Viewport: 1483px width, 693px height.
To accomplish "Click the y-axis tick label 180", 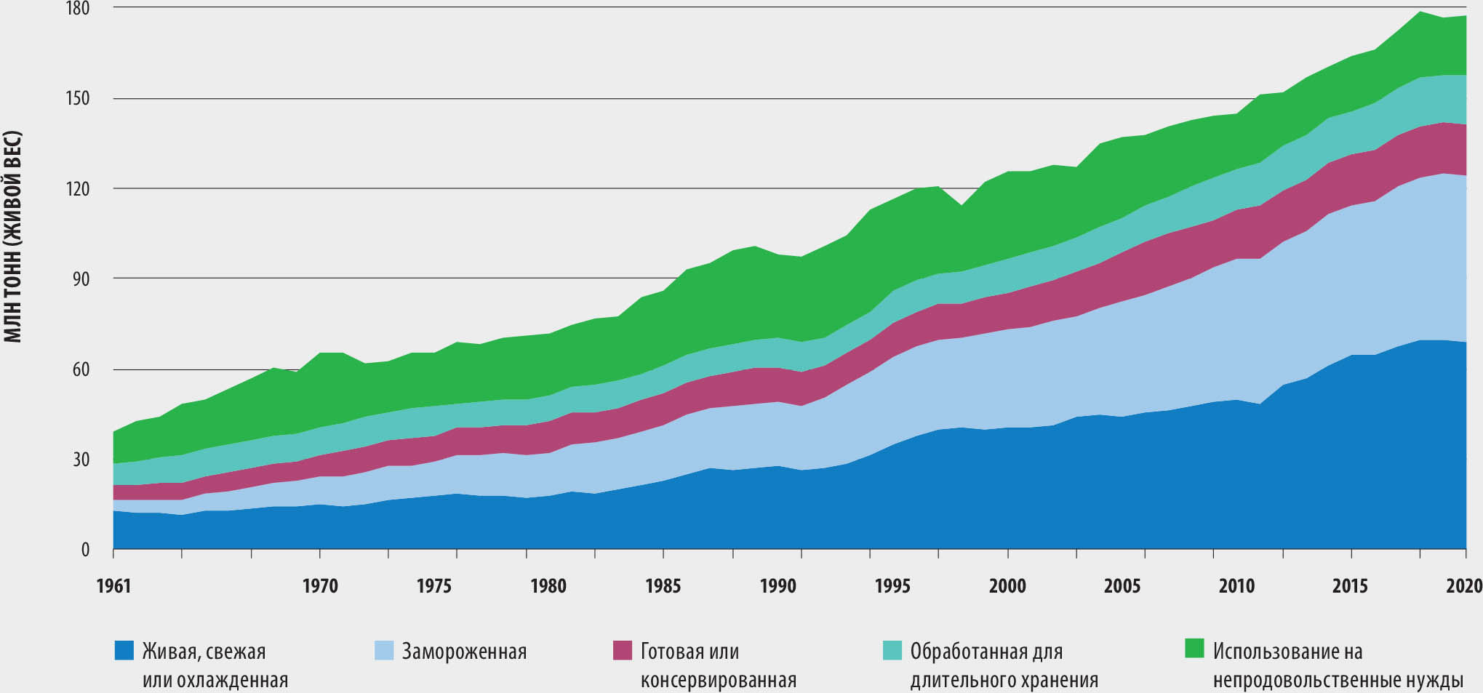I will tap(78, 9).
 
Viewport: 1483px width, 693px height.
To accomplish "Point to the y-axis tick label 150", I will tap(78, 98).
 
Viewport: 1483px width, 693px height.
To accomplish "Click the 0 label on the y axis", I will tap(85, 550).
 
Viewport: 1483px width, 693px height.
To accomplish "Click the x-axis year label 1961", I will tap(113, 586).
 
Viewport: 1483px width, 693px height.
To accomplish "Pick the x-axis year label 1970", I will tap(320, 586).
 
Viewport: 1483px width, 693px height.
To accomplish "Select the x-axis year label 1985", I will tap(663, 586).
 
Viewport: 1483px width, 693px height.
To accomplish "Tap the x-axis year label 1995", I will tap(892, 586).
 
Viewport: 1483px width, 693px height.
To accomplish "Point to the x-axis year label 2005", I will tap(1122, 586).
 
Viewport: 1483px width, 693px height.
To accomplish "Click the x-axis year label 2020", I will tap(1464, 586).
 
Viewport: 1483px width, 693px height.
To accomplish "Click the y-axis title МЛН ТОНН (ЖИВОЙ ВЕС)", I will tap(13, 236).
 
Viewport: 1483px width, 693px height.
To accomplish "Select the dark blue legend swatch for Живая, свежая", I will tap(124, 650).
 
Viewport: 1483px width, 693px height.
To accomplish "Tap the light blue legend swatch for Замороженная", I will tap(385, 650).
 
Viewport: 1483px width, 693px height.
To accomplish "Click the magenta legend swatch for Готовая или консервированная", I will tap(623, 650).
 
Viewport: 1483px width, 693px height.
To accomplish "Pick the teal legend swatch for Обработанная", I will tap(892, 650).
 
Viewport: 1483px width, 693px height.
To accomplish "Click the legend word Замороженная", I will tap(464, 652).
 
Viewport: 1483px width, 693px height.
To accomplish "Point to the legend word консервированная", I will tap(719, 681).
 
